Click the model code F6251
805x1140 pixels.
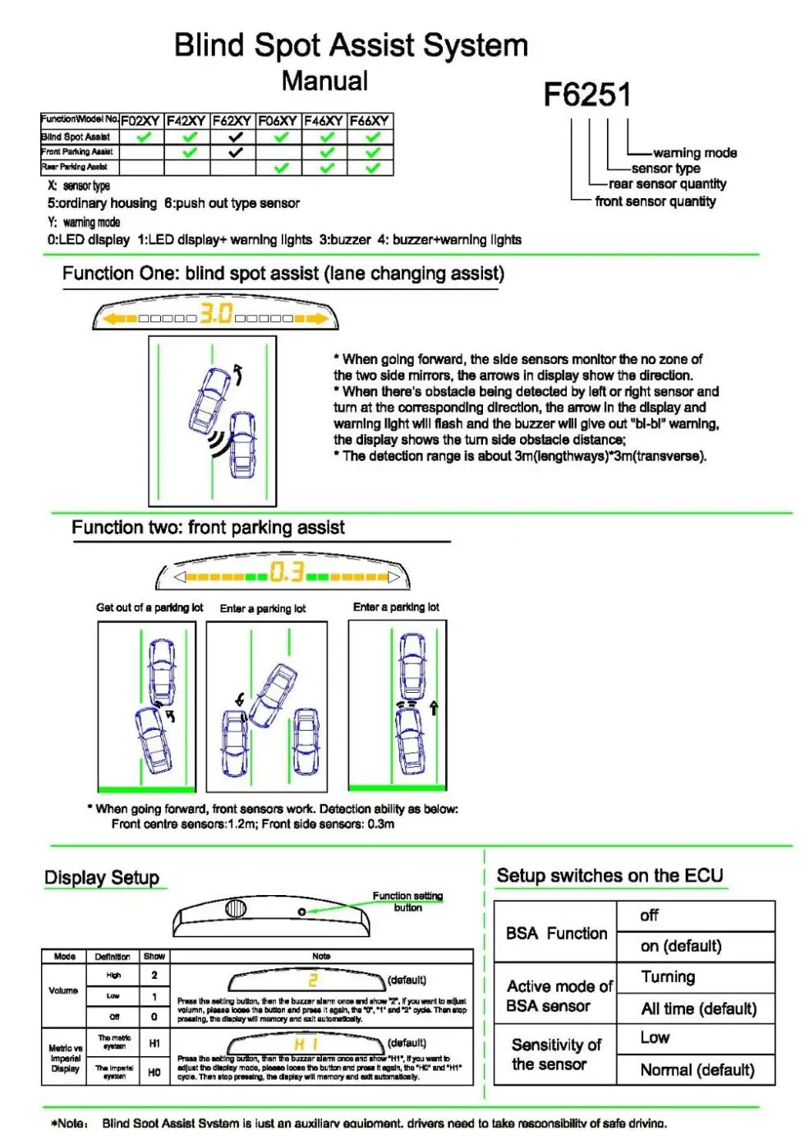(587, 95)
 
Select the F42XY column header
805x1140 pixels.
(186, 121)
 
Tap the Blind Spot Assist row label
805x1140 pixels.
(76, 137)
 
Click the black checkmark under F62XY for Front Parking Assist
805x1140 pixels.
(235, 152)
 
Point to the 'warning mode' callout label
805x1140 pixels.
(695, 153)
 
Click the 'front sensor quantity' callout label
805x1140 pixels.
(655, 201)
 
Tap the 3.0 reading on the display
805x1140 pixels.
(216, 314)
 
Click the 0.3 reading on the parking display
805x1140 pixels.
(287, 572)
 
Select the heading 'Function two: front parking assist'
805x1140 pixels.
(208, 528)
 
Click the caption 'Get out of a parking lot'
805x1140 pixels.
(149, 607)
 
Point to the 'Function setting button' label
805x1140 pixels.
(407, 902)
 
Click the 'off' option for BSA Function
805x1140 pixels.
(649, 916)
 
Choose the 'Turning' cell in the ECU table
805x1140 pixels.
(668, 977)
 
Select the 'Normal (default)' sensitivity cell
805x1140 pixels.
(697, 1070)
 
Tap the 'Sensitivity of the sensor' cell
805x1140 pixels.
(556, 1055)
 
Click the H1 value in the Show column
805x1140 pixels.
(154, 1043)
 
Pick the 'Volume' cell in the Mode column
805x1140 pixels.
(63, 990)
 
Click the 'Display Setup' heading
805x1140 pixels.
(102, 878)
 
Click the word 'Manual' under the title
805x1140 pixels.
(324, 81)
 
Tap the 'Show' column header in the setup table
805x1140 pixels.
(154, 957)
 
